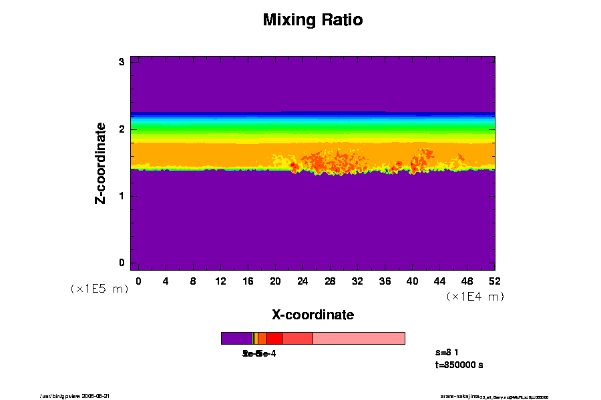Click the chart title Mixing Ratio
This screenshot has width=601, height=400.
click(313, 20)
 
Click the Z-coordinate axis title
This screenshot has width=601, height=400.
click(101, 163)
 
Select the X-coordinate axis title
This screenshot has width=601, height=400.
click(313, 315)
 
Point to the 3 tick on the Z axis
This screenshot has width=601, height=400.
click(122, 62)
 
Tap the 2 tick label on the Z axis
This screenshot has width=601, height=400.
click(122, 129)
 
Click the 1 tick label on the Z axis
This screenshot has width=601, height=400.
click(122, 196)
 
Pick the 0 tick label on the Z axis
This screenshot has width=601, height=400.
click(122, 263)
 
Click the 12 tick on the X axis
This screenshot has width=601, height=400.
click(220, 281)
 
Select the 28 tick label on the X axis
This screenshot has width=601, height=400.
click(330, 281)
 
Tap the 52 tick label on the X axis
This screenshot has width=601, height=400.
click(494, 281)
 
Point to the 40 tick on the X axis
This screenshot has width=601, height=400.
click(412, 281)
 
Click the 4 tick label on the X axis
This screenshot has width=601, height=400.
click(166, 281)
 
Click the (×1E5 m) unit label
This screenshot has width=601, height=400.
click(99, 289)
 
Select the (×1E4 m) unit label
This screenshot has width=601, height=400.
click(475, 297)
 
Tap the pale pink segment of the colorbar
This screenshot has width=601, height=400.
click(359, 338)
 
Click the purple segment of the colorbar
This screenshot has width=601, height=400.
click(236, 338)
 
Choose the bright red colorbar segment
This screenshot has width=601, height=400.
click(274, 338)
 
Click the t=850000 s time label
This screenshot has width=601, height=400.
click(458, 365)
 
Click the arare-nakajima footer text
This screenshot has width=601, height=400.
click(460, 396)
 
